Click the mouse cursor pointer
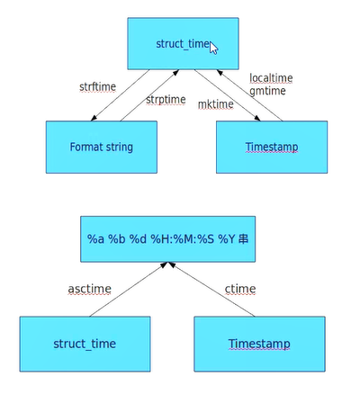coord(213,48)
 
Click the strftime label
coord(97,87)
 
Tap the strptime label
coord(166,100)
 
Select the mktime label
coord(216,104)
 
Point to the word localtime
coord(271,78)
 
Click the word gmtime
coord(267,91)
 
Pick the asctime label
coord(90,289)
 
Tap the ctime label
coord(240,289)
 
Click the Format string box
coord(102,147)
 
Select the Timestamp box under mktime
coord(272,147)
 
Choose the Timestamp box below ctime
coord(259,344)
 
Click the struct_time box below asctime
coord(85,344)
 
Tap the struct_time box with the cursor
coord(183,43)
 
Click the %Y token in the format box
coord(227,239)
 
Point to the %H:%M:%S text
coord(183,239)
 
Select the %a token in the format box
coord(95,239)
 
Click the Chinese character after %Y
coord(244,239)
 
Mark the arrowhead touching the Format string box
coord(94,118)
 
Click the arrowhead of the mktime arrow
coord(257,118)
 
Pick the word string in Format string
coord(118,148)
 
